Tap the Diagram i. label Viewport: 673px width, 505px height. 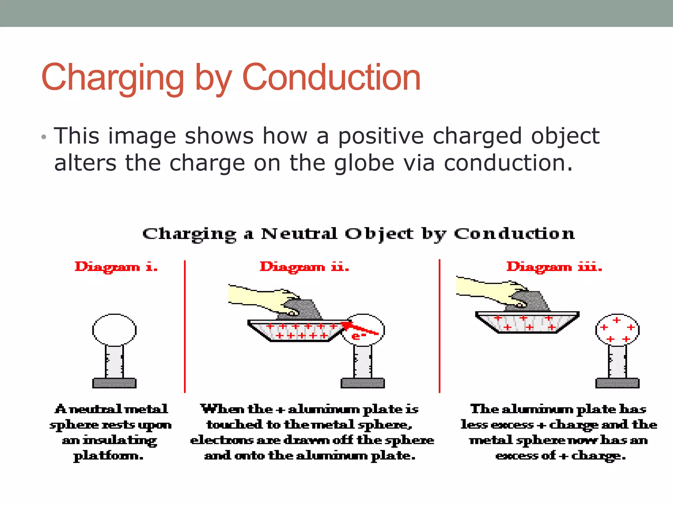click(116, 267)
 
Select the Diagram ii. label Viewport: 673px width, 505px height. click(304, 267)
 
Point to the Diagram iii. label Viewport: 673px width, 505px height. click(554, 267)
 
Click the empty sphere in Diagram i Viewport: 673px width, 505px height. click(114, 330)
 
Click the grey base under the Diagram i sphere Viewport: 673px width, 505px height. click(114, 383)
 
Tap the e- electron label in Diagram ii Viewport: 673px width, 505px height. click(358, 336)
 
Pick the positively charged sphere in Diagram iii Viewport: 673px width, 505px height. click(617, 330)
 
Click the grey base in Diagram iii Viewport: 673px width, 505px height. click(617, 383)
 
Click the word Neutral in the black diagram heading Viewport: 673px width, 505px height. click(299, 234)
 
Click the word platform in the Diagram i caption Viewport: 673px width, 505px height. click(108, 456)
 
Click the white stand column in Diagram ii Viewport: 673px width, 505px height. click(363, 362)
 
